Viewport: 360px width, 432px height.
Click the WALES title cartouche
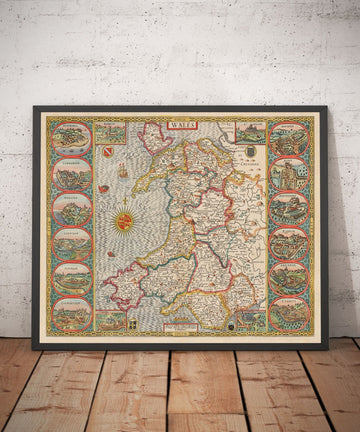pos(154,126)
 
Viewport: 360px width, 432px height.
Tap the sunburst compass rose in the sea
pos(125,218)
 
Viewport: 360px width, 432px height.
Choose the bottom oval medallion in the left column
pos(71,314)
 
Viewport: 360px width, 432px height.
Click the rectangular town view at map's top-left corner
pos(111,132)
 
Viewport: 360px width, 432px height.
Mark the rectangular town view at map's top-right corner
pos(249,132)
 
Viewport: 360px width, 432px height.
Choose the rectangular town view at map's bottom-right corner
pos(250,320)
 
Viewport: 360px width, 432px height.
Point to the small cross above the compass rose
pos(125,193)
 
